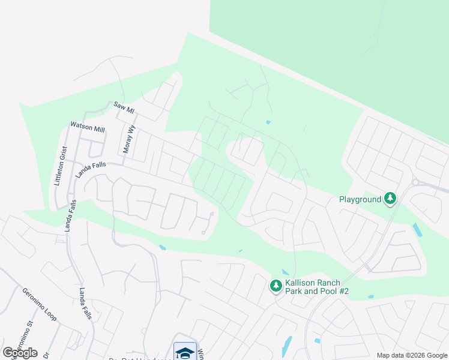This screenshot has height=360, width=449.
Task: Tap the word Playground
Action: (x=360, y=199)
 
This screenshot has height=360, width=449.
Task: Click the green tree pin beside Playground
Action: (x=390, y=198)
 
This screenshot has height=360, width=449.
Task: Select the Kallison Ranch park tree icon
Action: (x=276, y=286)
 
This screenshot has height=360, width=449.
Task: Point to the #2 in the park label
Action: (x=342, y=292)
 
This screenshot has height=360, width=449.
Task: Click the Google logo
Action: (x=20, y=353)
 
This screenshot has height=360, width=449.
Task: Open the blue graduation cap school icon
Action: (x=185, y=352)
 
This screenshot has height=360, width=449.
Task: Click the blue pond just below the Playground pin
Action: (x=417, y=229)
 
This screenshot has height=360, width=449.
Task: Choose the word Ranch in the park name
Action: (x=330, y=283)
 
